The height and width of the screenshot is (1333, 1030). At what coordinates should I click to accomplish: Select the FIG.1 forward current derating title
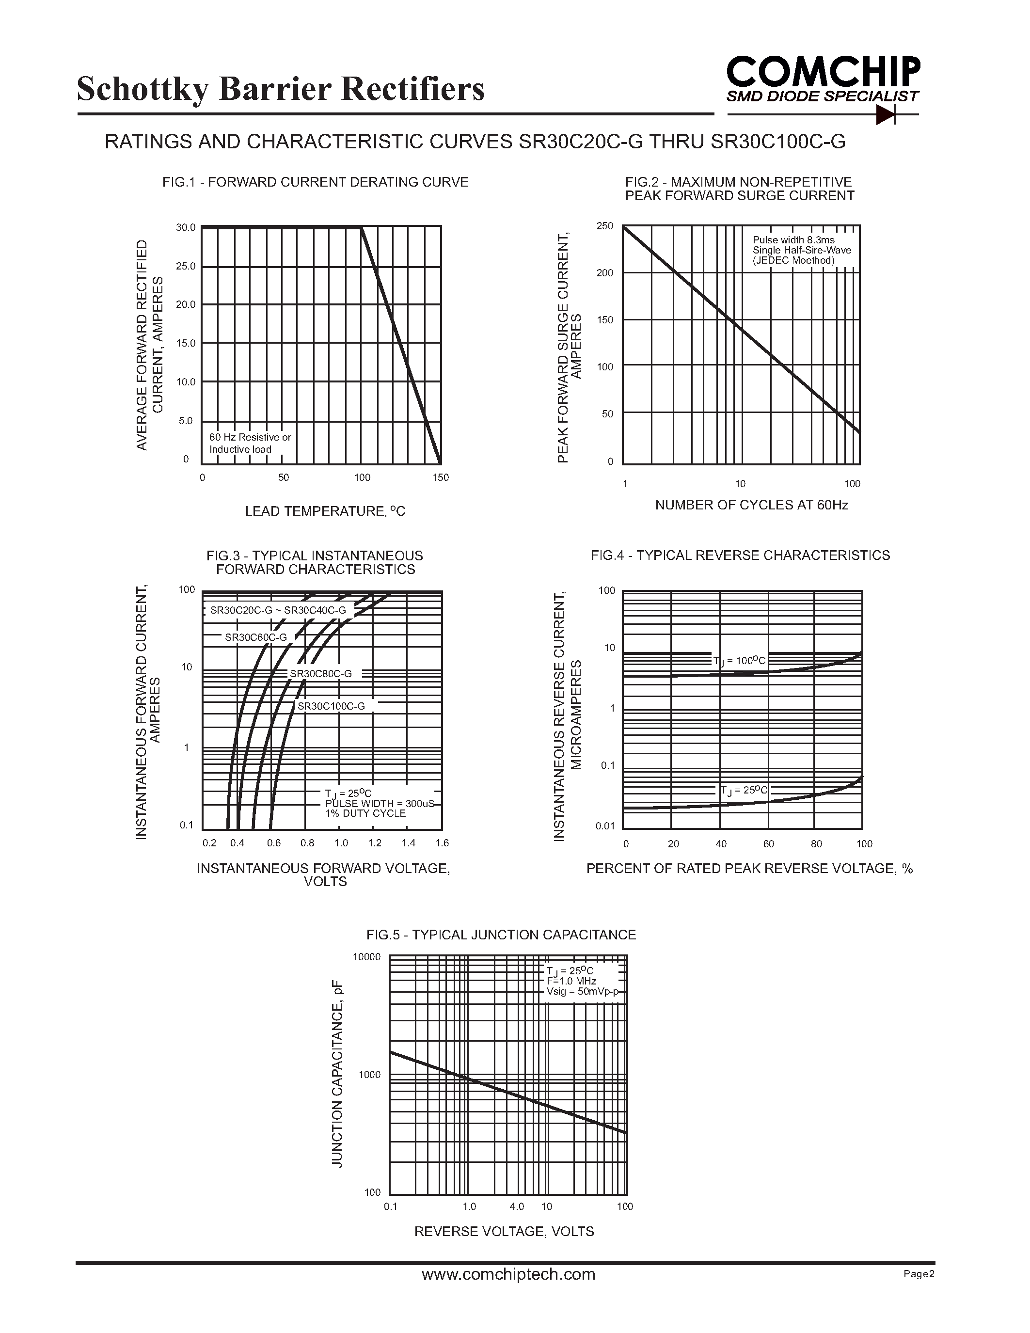pos(315,182)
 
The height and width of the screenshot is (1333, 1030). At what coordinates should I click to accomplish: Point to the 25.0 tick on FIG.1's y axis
pos(186,266)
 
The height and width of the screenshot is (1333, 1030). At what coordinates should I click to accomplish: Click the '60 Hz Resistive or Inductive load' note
pos(250,443)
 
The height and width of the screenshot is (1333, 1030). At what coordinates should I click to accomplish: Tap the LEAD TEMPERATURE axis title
pos(325,511)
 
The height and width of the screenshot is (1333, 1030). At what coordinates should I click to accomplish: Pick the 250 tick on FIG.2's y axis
pos(605,226)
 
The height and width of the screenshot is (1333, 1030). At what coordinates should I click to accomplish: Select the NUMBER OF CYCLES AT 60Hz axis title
pos(751,505)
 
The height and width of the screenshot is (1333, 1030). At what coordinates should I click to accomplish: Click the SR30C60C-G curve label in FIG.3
pos(255,637)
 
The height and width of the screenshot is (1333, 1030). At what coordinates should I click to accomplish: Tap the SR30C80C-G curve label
pos(320,674)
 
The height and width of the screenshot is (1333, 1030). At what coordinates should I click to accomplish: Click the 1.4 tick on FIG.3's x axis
pos(408,843)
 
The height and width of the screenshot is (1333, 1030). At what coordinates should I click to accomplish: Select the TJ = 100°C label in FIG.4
pos(739,660)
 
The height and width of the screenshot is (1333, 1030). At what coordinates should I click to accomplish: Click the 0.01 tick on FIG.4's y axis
pos(605,826)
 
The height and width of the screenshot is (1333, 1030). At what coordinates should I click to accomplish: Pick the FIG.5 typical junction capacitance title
pos(501,935)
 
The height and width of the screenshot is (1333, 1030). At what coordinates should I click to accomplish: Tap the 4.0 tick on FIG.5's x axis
pos(516,1206)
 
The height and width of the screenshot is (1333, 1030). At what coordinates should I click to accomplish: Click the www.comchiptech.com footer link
pos(508,1274)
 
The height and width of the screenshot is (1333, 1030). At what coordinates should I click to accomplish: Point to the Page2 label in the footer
pos(919,1274)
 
